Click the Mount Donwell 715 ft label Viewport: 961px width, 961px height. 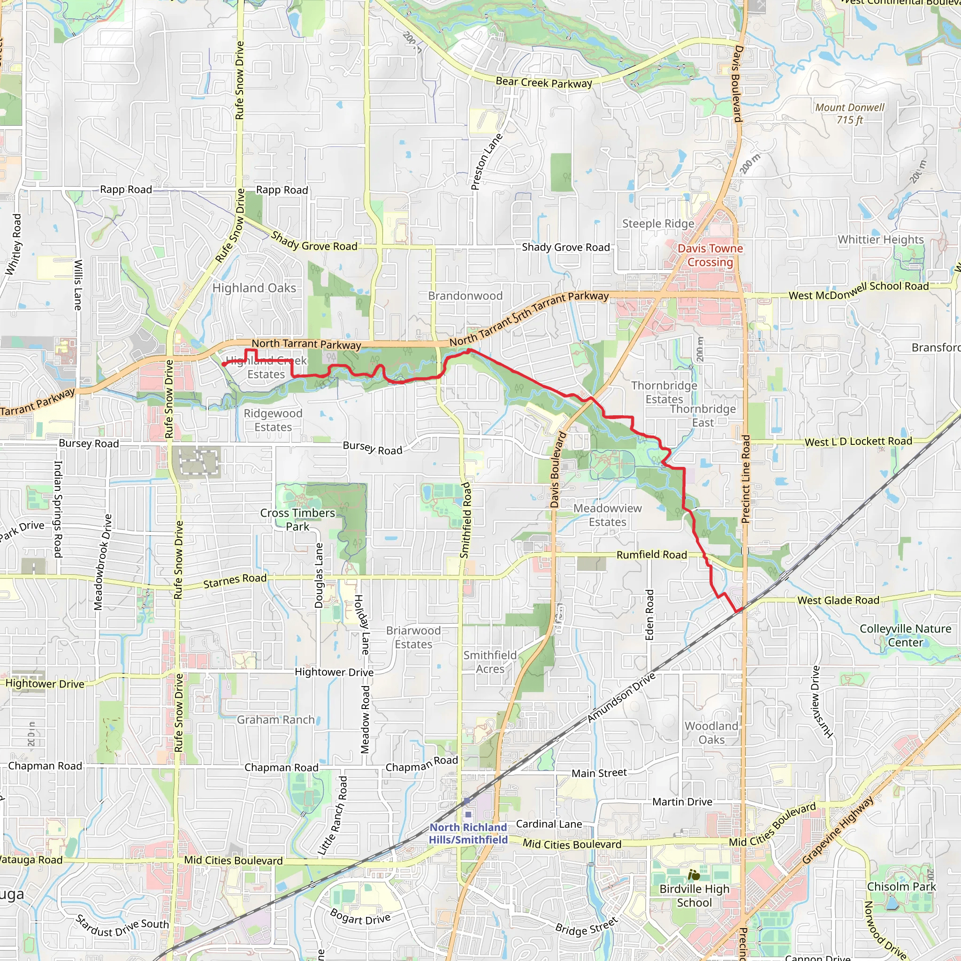coord(850,114)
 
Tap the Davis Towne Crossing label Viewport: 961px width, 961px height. coord(710,255)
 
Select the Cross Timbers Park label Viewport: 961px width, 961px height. coord(297,519)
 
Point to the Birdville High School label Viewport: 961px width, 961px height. coord(694,895)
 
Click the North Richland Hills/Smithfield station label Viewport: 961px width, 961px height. coord(468,833)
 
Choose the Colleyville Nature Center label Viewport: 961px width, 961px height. coord(905,635)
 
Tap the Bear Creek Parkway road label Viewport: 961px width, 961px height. coord(544,83)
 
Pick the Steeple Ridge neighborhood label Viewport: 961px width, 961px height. coord(658,224)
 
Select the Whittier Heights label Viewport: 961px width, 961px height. coord(880,240)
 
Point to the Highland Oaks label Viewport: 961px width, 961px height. coord(254,288)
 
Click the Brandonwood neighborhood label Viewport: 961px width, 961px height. coord(465,296)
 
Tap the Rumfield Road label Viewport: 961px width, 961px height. coord(652,555)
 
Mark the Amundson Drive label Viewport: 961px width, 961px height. coord(621,698)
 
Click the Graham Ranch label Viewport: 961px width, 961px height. coord(275,720)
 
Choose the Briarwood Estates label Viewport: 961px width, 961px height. coord(413,637)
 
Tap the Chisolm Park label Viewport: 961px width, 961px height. coord(901,887)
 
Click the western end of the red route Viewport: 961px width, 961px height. coord(223,365)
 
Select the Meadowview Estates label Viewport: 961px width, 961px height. coord(607,515)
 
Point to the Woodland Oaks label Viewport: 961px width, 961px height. coord(711,732)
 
